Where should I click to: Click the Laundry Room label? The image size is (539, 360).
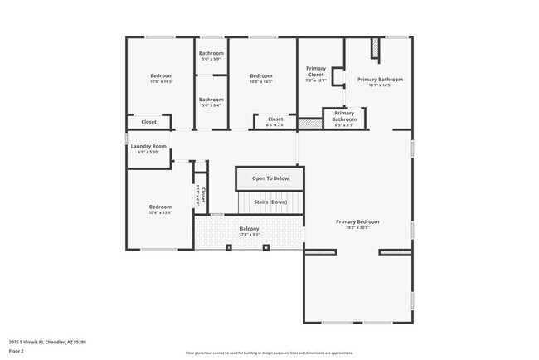pyautogui.click(x=148, y=146)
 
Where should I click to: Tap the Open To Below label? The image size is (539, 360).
pyautogui.click(x=270, y=178)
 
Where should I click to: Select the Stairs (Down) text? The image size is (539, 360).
pyautogui.click(x=270, y=202)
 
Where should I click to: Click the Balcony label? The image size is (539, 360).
pyautogui.click(x=250, y=229)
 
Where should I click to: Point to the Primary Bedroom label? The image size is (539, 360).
pyautogui.click(x=357, y=221)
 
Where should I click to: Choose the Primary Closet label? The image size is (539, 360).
pyautogui.click(x=316, y=71)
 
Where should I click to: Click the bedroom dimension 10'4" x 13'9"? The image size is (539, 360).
pyautogui.click(x=160, y=213)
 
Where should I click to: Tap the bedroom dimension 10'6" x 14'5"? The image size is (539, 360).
pyautogui.click(x=160, y=81)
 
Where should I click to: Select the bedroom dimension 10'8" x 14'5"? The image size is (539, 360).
pyautogui.click(x=261, y=81)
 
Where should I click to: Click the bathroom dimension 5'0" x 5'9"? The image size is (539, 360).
pyautogui.click(x=211, y=59)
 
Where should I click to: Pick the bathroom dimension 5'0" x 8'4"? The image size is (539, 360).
pyautogui.click(x=211, y=105)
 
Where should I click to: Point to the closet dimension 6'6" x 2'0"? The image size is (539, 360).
pyautogui.click(x=275, y=125)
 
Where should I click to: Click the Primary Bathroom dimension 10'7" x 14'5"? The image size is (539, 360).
pyautogui.click(x=380, y=85)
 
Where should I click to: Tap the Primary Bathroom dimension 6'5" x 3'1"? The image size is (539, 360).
pyautogui.click(x=344, y=126)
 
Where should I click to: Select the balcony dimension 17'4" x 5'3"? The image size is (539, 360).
pyautogui.click(x=250, y=235)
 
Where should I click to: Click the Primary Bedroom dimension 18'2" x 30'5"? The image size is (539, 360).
pyautogui.click(x=357, y=227)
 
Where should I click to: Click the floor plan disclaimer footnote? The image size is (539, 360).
pyautogui.click(x=269, y=352)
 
